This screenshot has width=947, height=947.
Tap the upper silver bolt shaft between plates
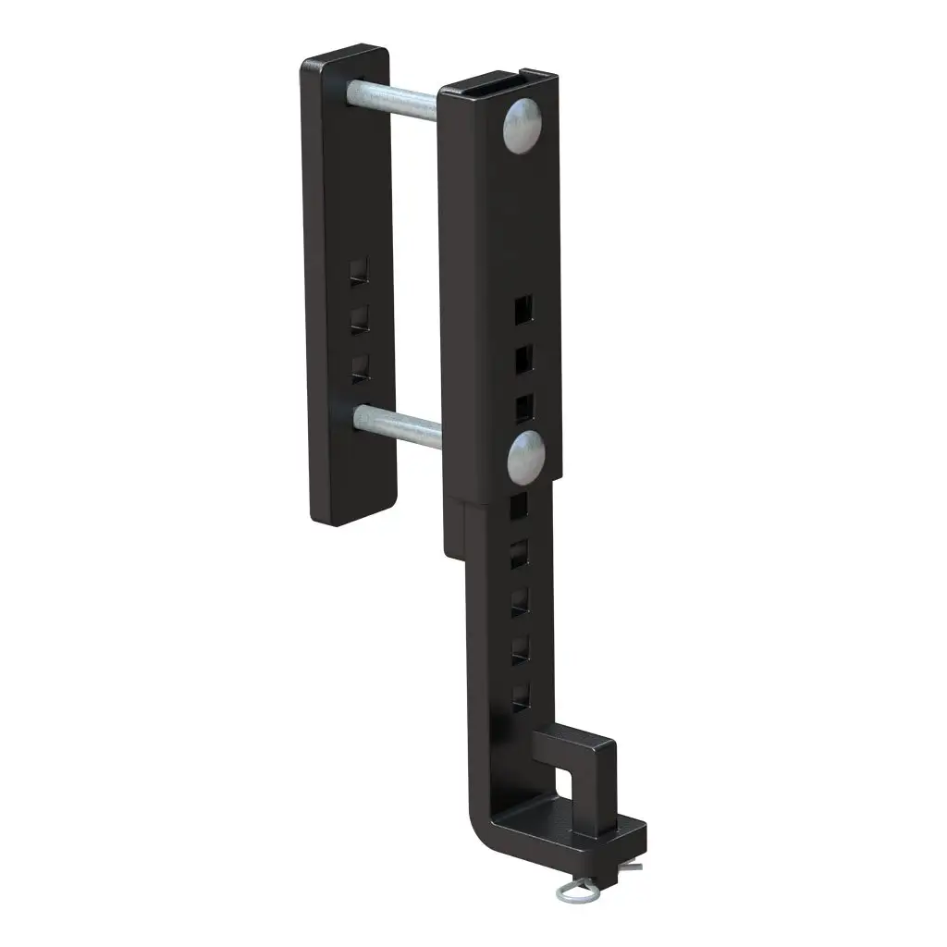[393, 97]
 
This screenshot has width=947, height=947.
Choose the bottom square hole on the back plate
[360, 367]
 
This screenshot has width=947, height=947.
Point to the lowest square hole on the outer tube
[524, 406]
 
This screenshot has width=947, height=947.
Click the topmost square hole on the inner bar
[518, 505]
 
